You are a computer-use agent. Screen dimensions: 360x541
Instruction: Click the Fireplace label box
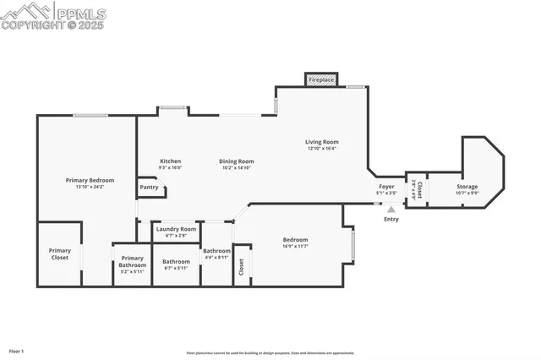tap(321, 79)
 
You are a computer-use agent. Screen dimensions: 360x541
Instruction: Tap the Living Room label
tap(321, 142)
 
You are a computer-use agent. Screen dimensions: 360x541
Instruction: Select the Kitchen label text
tap(170, 161)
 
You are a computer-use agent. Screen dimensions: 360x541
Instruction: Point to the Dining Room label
tap(237, 161)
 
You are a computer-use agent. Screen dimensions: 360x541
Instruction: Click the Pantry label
tap(149, 187)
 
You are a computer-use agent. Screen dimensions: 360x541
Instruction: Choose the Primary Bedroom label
tap(90, 180)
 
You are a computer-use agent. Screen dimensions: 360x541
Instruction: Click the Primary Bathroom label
tap(132, 261)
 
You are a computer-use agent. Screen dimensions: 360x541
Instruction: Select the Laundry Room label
tap(176, 229)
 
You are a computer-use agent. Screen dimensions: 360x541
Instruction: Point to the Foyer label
tap(386, 186)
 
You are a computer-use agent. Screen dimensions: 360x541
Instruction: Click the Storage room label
tap(467, 187)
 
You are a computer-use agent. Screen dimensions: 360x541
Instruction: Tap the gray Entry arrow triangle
tap(391, 210)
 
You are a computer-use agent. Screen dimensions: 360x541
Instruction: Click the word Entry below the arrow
tap(391, 220)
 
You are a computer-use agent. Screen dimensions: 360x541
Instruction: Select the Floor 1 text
tap(16, 350)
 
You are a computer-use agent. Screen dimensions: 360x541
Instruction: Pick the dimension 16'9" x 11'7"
tap(295, 246)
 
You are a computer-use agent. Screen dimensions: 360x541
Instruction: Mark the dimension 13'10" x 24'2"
tap(90, 187)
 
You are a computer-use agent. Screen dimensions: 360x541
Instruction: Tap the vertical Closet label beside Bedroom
tap(241, 266)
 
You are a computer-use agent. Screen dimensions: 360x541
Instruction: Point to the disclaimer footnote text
tap(270, 353)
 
